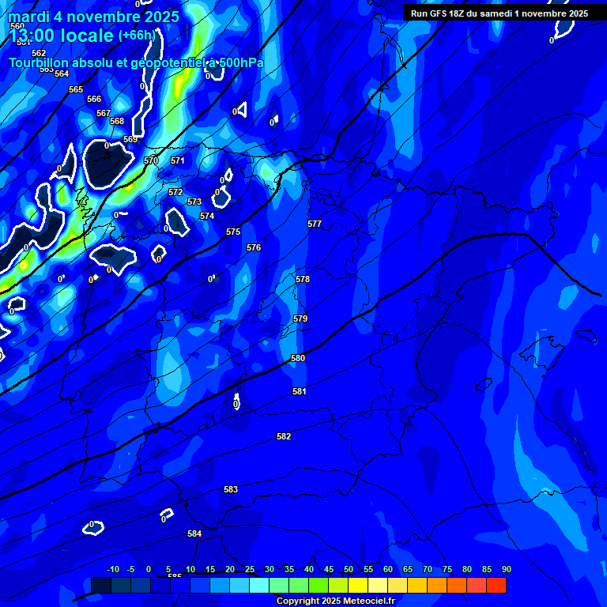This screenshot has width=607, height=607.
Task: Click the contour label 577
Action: tap(315, 224)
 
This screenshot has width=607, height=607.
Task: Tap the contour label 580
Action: tap(298, 358)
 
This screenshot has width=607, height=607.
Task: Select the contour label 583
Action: tap(231, 489)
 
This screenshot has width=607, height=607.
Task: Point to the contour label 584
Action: tap(194, 533)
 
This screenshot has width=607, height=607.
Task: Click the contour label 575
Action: tap(233, 232)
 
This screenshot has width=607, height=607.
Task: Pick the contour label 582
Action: tap(284, 436)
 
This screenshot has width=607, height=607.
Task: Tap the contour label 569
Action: tap(130, 139)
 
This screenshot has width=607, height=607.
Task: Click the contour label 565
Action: tap(76, 89)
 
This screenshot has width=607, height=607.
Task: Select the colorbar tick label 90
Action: tap(506, 569)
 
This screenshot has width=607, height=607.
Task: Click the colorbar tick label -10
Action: tap(112, 569)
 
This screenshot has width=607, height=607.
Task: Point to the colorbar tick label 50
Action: tap(348, 569)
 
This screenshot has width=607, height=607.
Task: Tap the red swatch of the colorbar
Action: tap(496, 585)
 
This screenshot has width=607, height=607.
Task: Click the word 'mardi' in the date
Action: tap(29, 16)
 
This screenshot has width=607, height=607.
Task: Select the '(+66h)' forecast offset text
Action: tap(137, 35)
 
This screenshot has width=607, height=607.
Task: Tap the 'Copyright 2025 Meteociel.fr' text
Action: tap(335, 601)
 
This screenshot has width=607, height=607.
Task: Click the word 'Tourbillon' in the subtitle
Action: tap(40, 62)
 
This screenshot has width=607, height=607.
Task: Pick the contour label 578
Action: tap(303, 279)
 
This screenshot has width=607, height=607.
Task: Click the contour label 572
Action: tap(175, 192)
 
